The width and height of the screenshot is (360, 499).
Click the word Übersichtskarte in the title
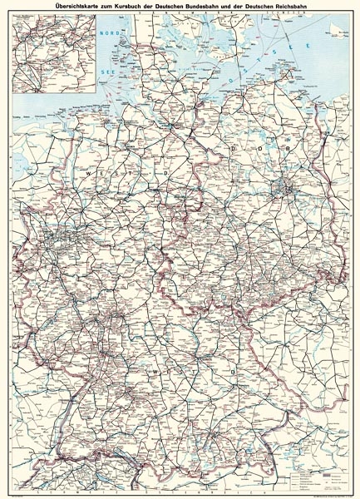point(76,7)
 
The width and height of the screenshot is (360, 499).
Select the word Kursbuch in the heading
point(131,7)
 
